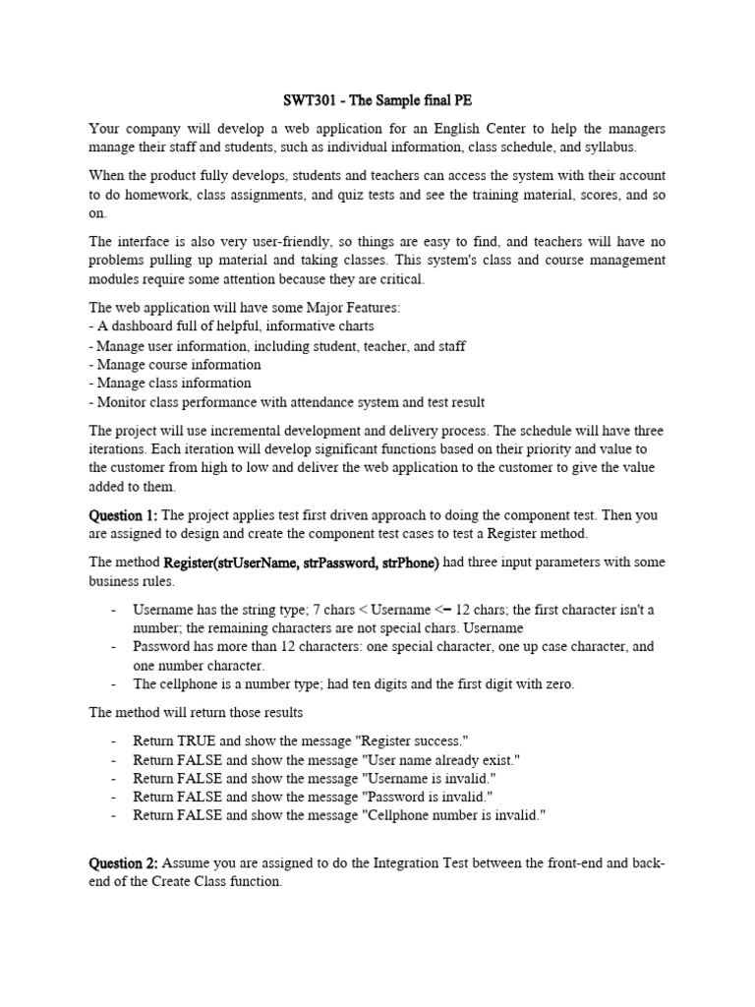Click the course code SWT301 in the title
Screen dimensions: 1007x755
(x=300, y=101)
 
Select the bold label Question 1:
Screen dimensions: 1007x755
(x=123, y=515)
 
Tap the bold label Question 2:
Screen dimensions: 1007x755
(x=123, y=863)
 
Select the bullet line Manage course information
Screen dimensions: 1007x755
(x=178, y=364)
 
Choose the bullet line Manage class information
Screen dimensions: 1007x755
(x=173, y=383)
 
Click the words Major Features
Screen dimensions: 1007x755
(x=349, y=308)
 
